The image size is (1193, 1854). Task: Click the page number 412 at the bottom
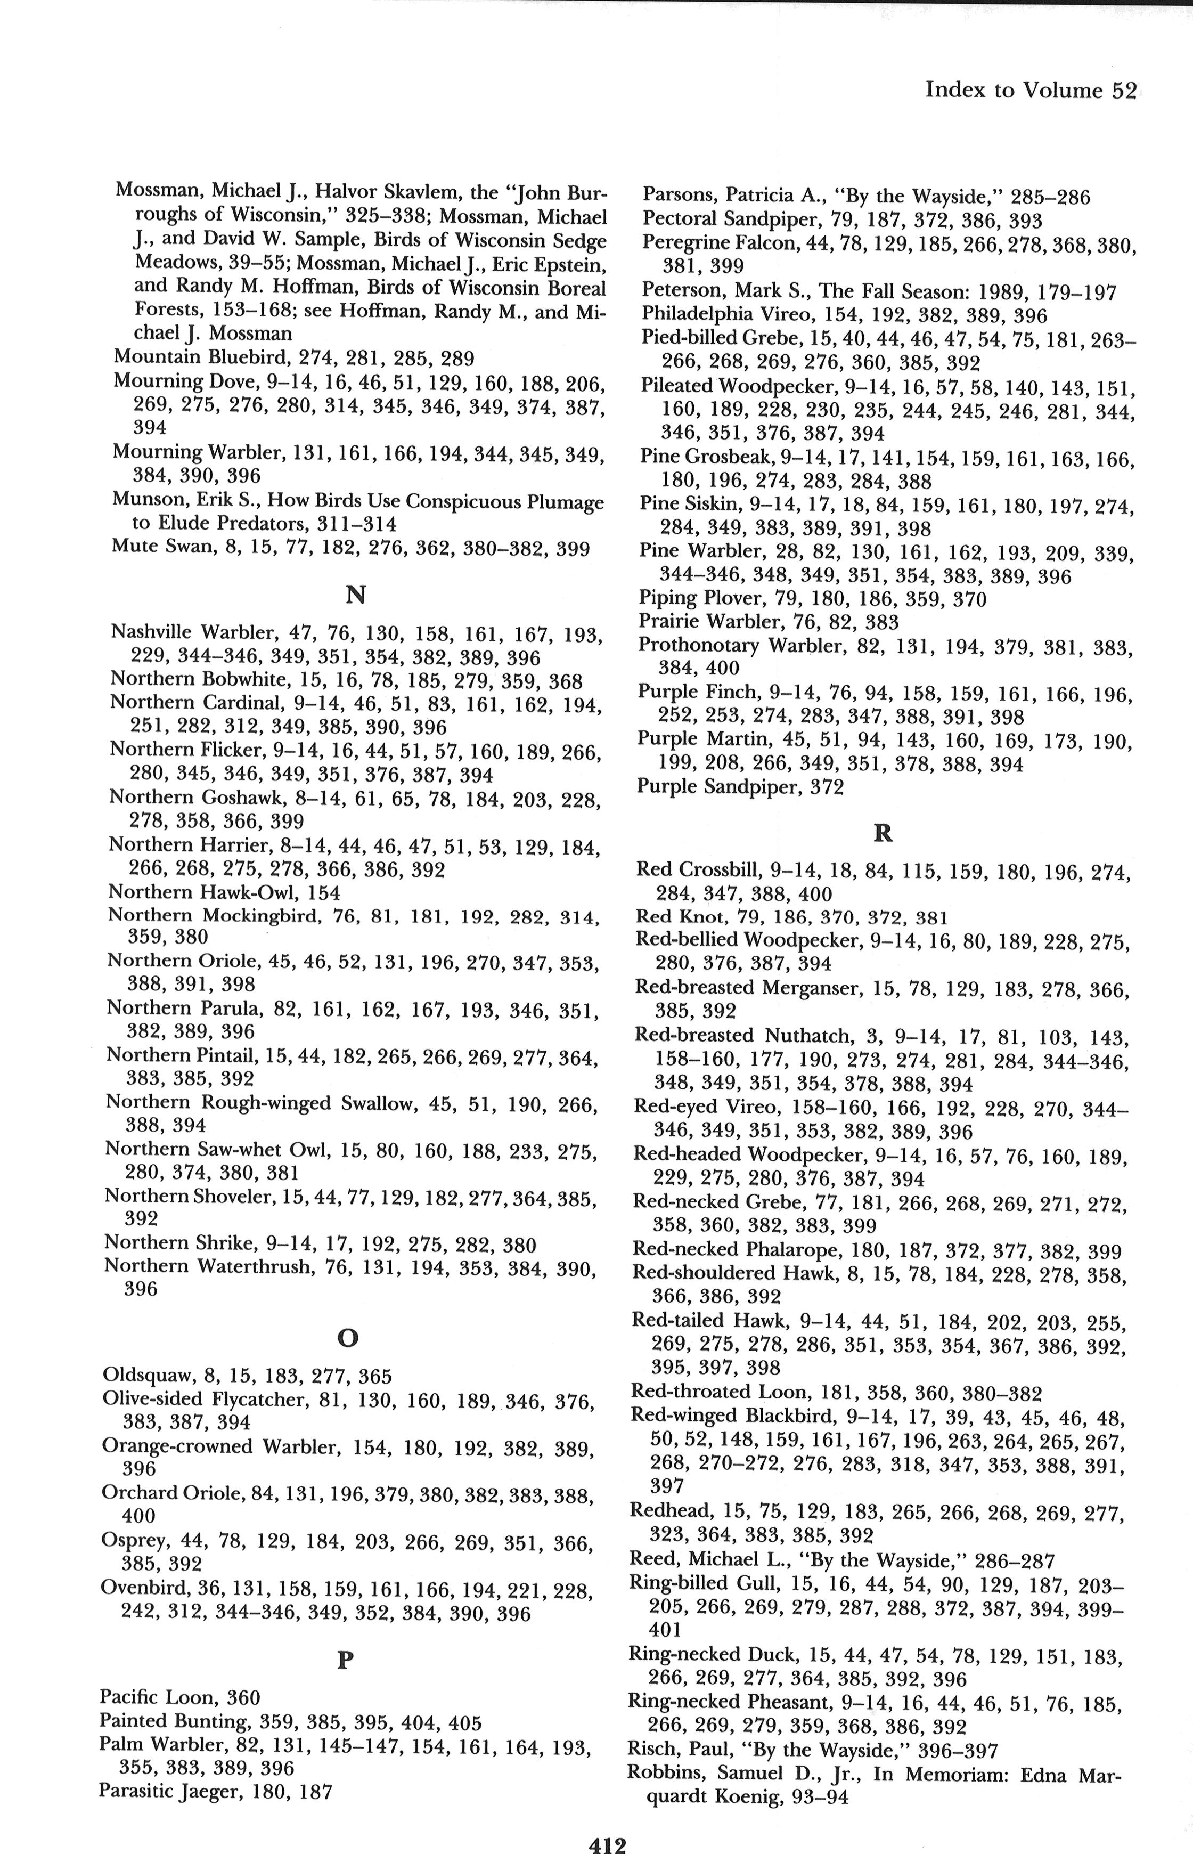[x=607, y=1824]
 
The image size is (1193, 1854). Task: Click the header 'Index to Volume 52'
[x=1031, y=91]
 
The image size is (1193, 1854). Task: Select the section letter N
[x=355, y=595]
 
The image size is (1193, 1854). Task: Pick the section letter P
[x=346, y=1660]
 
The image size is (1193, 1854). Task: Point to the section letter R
[x=883, y=834]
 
